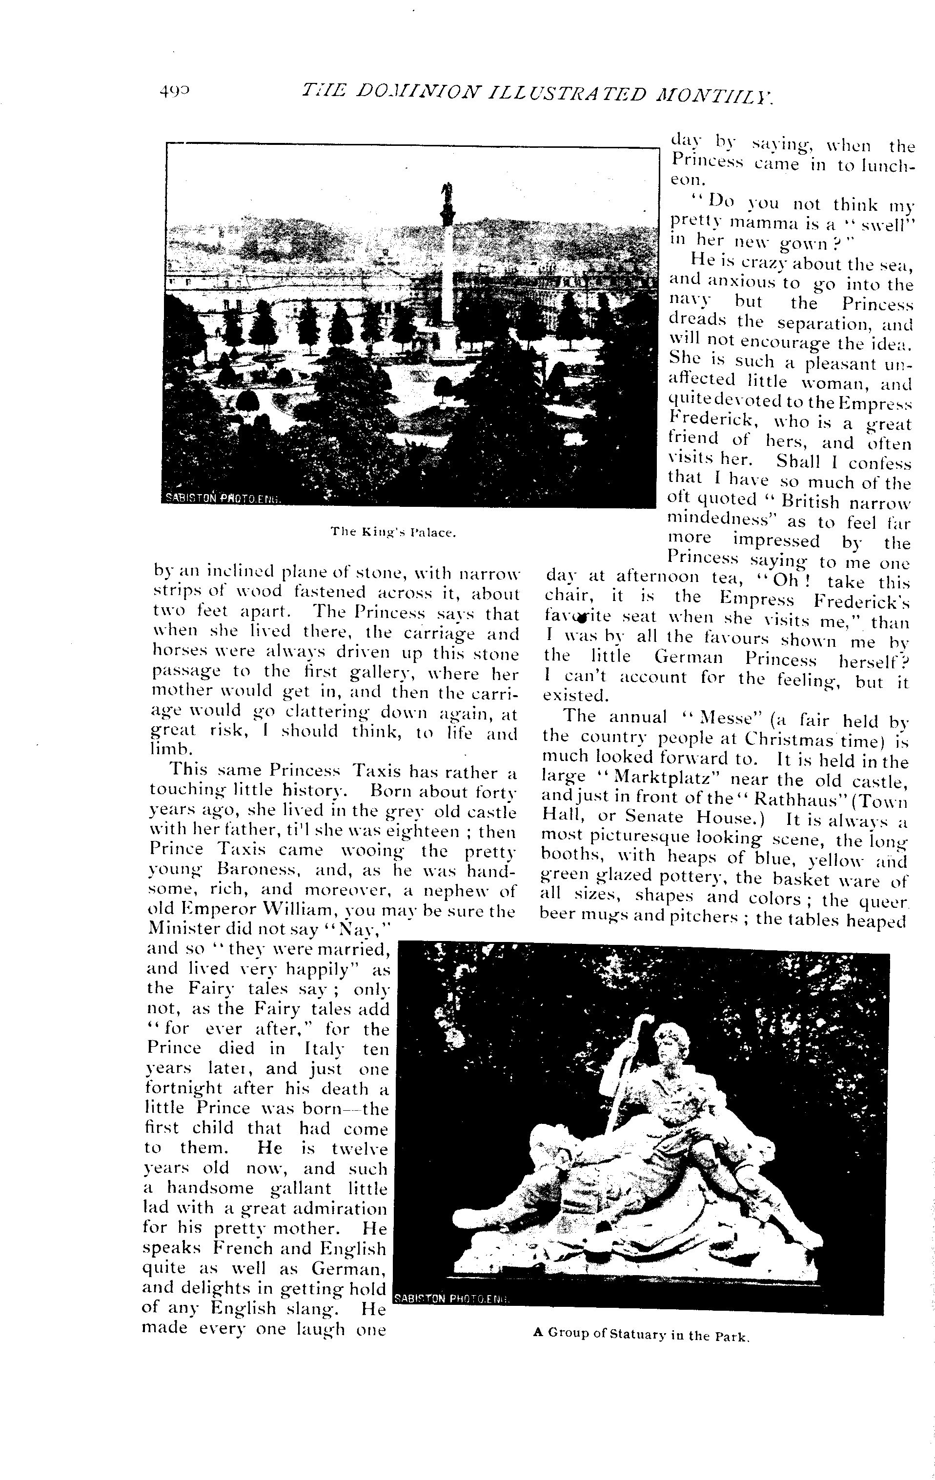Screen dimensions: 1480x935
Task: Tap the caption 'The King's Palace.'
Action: point(393,532)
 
